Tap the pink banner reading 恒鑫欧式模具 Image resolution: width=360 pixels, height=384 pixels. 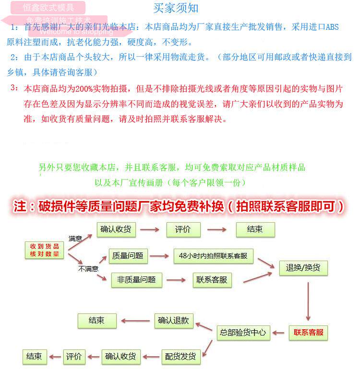point(49,8)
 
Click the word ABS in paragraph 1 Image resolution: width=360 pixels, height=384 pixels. point(332,27)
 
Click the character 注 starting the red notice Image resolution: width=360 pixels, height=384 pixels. point(20,206)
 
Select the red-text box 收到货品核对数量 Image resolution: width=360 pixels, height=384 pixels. point(45,250)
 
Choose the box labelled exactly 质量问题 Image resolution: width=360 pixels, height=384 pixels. point(127,256)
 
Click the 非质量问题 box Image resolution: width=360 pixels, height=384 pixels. point(136,280)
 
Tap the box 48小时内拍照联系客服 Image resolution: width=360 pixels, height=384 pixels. point(213,256)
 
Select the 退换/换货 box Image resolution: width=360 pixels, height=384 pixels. point(303,267)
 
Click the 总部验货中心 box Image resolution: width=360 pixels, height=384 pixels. point(243,332)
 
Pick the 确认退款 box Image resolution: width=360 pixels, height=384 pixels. point(173,321)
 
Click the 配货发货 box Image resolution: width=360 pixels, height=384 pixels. point(180,356)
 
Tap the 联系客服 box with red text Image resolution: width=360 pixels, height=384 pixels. point(309,332)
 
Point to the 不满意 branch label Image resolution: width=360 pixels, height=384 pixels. point(88,269)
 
